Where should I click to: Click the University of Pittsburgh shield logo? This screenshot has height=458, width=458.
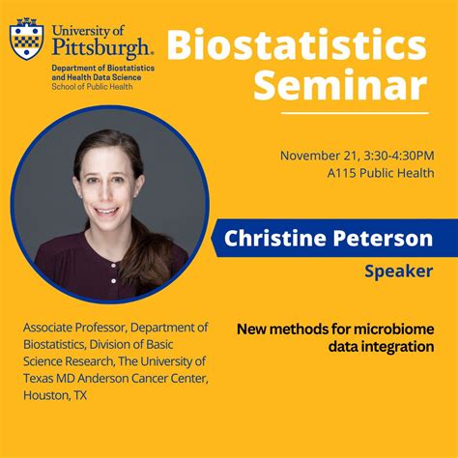[25, 39]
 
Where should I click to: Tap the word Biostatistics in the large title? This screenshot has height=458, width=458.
[296, 44]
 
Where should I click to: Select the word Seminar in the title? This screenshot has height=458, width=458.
[339, 87]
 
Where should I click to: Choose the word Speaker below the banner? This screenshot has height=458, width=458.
[398, 272]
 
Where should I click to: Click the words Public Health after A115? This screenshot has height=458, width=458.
[400, 174]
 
